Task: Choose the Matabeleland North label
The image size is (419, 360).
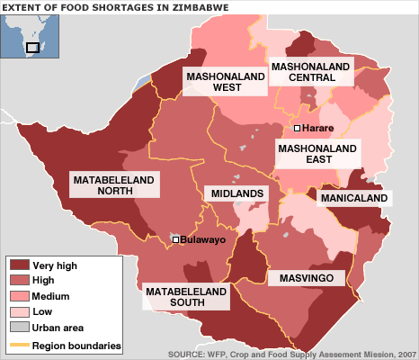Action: click(113, 185)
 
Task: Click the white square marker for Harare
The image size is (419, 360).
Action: click(297, 129)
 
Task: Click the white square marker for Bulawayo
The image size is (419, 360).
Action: click(175, 239)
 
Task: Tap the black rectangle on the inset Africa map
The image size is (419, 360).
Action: click(33, 47)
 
